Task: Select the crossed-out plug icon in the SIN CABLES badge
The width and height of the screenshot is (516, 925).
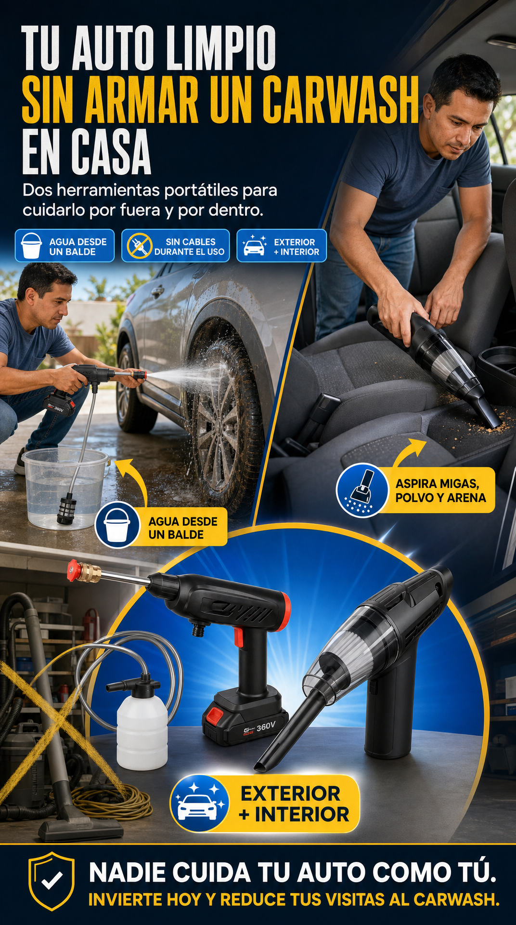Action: [x=139, y=246]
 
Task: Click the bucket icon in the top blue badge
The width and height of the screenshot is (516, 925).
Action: [x=32, y=246]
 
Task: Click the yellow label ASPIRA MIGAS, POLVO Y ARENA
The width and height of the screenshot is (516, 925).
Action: [x=439, y=490]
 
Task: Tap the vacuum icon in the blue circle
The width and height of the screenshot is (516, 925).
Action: [x=362, y=490]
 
